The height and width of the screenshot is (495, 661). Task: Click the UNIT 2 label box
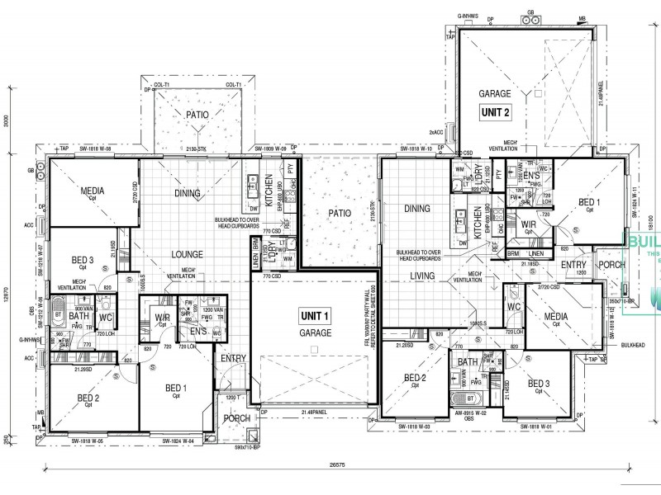point(496,111)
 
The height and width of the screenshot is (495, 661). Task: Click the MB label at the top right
point(583,17)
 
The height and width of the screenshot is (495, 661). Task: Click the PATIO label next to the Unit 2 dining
point(340,213)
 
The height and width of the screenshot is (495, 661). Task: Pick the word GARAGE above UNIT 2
point(496,94)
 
